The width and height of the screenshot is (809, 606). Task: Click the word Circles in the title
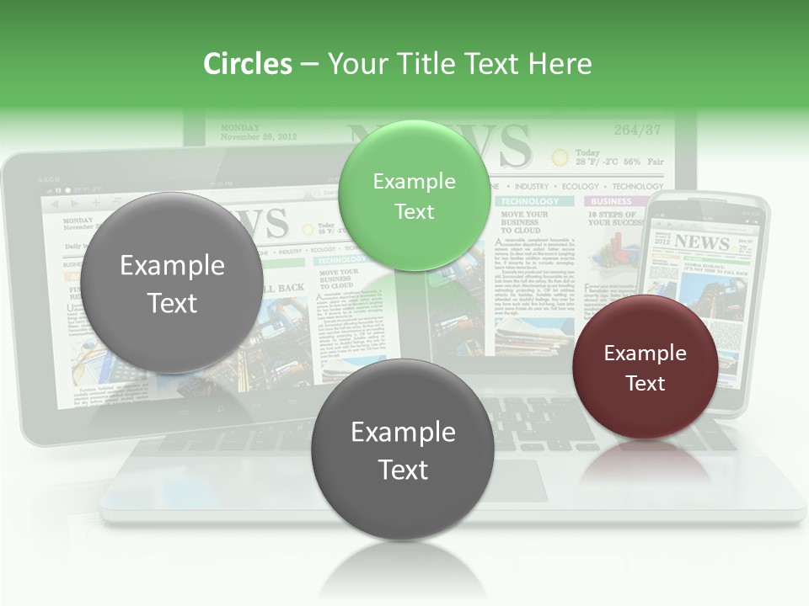(247, 64)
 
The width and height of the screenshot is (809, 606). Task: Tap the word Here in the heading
(559, 64)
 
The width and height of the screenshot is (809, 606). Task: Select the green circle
(414, 195)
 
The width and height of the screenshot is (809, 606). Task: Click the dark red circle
(646, 367)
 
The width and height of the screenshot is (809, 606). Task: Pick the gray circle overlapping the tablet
(172, 283)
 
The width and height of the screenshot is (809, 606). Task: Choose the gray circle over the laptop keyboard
(403, 449)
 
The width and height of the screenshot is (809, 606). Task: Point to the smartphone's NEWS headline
(701, 242)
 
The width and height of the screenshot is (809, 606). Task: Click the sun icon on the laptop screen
(560, 157)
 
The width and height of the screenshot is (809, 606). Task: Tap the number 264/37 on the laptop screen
(637, 130)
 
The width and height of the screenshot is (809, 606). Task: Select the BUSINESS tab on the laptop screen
(611, 202)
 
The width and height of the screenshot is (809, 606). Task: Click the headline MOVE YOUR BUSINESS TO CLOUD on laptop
(523, 222)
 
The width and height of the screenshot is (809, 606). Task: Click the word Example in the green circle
(414, 181)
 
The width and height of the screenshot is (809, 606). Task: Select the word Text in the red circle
(646, 383)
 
